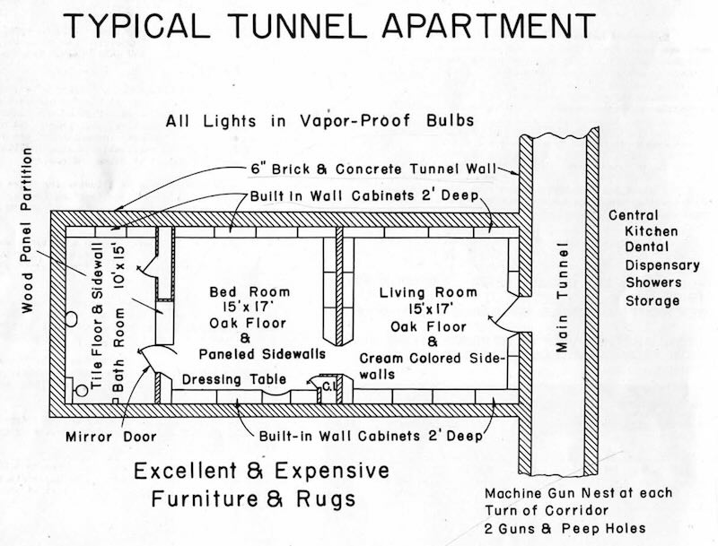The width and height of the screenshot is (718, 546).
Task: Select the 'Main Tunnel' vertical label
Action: pyautogui.click(x=562, y=297)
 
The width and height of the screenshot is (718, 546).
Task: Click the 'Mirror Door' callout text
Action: pyautogui.click(x=110, y=438)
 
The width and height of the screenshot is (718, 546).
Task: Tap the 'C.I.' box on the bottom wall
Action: pyautogui.click(x=329, y=386)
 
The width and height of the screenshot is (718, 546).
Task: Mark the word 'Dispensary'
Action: pyautogui.click(x=661, y=266)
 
